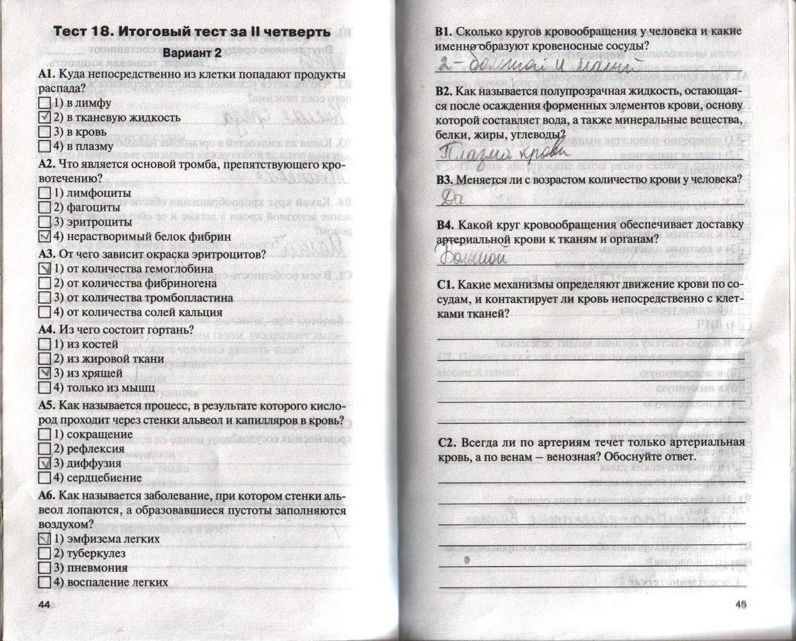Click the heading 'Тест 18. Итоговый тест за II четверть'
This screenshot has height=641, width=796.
(x=191, y=32)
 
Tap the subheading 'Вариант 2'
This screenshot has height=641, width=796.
(x=192, y=53)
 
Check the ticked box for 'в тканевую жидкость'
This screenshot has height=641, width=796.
(x=44, y=117)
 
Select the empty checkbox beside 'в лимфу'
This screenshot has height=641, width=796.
(x=44, y=103)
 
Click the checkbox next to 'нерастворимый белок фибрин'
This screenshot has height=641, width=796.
(x=44, y=237)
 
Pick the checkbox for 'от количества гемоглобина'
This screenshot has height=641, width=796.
(x=44, y=269)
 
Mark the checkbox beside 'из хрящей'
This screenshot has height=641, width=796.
(x=44, y=373)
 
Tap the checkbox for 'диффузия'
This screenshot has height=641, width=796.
(x=44, y=463)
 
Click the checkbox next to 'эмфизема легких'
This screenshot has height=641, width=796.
(x=44, y=539)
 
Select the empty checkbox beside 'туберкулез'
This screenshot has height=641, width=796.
(x=44, y=553)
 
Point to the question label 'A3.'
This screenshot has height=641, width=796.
(x=47, y=254)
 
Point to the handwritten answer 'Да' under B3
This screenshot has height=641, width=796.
(x=453, y=199)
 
